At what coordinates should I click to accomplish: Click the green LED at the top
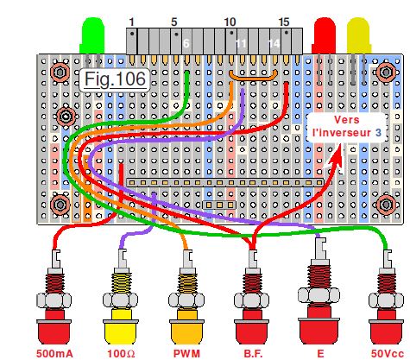93,35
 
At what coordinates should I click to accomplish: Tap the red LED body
325,35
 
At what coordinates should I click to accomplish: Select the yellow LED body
358,35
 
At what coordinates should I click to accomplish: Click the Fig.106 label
115,79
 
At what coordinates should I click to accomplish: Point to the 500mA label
54,353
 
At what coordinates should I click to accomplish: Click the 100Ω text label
121,353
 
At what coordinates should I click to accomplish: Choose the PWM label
186,353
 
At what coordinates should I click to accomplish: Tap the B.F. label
254,353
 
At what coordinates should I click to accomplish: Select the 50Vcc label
386,353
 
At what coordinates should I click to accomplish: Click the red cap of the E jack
318,325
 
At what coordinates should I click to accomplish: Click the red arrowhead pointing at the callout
336,155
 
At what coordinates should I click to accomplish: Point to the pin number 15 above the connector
284,22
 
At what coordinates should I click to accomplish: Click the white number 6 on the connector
186,43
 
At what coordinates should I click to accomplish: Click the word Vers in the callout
347,120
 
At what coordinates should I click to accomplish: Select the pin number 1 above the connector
131,22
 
